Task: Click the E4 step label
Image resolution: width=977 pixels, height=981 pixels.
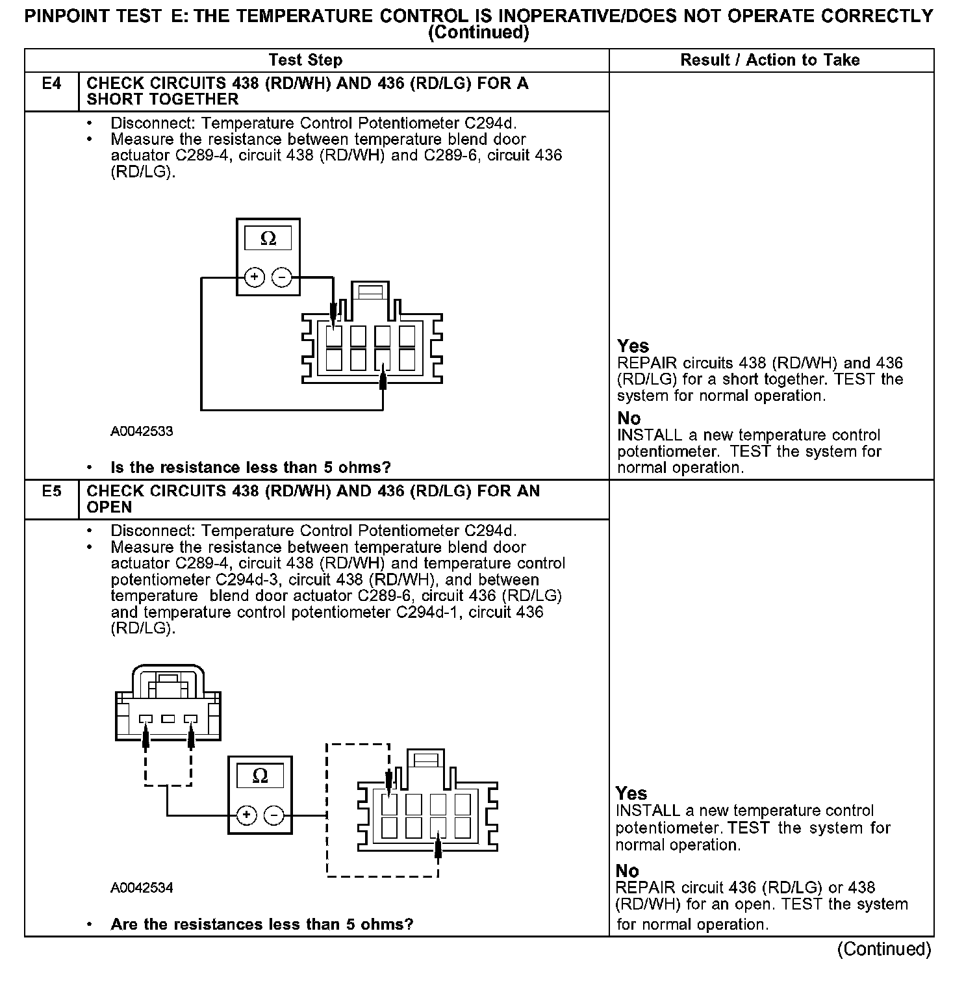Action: (51, 84)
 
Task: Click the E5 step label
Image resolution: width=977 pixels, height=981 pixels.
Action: (51, 492)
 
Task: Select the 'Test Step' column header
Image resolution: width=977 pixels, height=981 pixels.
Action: (305, 60)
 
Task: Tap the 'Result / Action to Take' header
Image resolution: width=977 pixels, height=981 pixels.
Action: (770, 60)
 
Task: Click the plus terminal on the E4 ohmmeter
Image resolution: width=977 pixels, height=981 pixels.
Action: (255, 278)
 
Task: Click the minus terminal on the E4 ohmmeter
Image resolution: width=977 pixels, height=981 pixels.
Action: (282, 278)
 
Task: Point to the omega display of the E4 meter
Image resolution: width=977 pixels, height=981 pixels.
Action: (268, 239)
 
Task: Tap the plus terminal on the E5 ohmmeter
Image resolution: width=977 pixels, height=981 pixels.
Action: (246, 815)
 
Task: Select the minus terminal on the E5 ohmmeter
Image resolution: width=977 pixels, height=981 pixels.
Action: (274, 815)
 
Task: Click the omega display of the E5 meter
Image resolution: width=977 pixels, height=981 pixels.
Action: (260, 776)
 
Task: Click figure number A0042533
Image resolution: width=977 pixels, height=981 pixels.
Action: (142, 431)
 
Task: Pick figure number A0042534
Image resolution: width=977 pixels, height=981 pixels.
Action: (142, 887)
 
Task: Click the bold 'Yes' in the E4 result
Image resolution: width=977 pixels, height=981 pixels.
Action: (633, 346)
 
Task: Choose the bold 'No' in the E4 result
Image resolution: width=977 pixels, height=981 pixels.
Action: (629, 418)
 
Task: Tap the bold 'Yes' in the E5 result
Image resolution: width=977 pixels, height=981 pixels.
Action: (631, 793)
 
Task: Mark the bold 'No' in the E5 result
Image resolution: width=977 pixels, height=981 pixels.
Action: (628, 871)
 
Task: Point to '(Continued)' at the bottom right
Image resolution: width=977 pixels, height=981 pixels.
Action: (884, 949)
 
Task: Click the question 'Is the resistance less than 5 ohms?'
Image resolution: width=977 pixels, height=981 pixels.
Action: (251, 468)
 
